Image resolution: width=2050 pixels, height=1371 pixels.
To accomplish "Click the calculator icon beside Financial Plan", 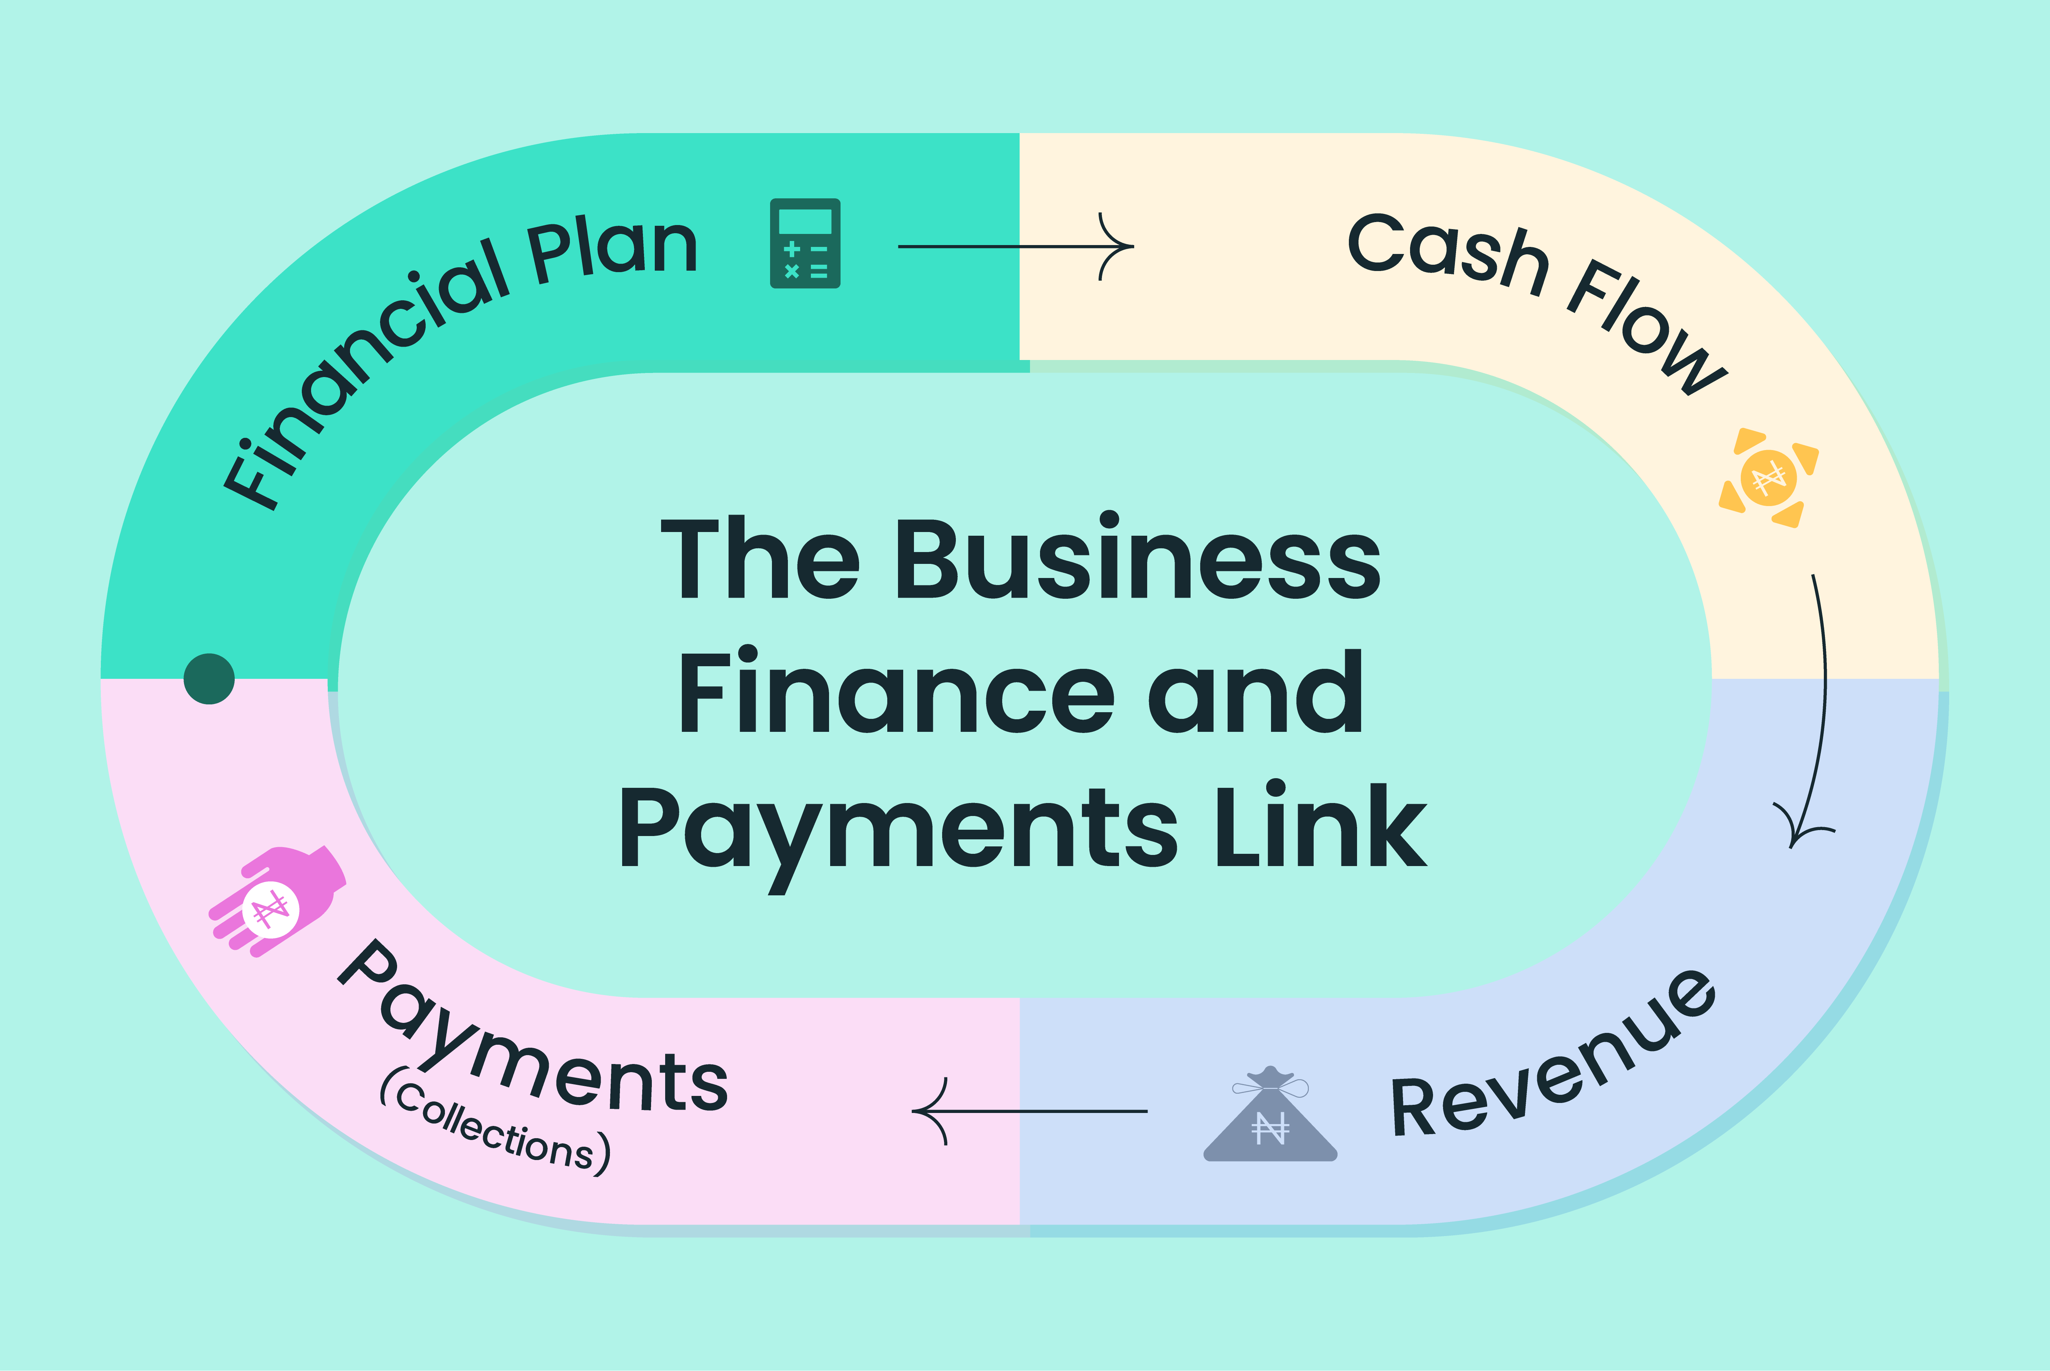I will tap(804, 243).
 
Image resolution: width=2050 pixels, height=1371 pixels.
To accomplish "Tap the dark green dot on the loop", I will tap(209, 678).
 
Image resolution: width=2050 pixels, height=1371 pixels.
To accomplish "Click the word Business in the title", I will tap(1136, 559).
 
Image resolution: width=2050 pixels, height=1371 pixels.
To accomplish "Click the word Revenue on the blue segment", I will tap(1552, 1058).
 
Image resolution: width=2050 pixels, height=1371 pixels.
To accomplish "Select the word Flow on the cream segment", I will tap(1644, 328).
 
